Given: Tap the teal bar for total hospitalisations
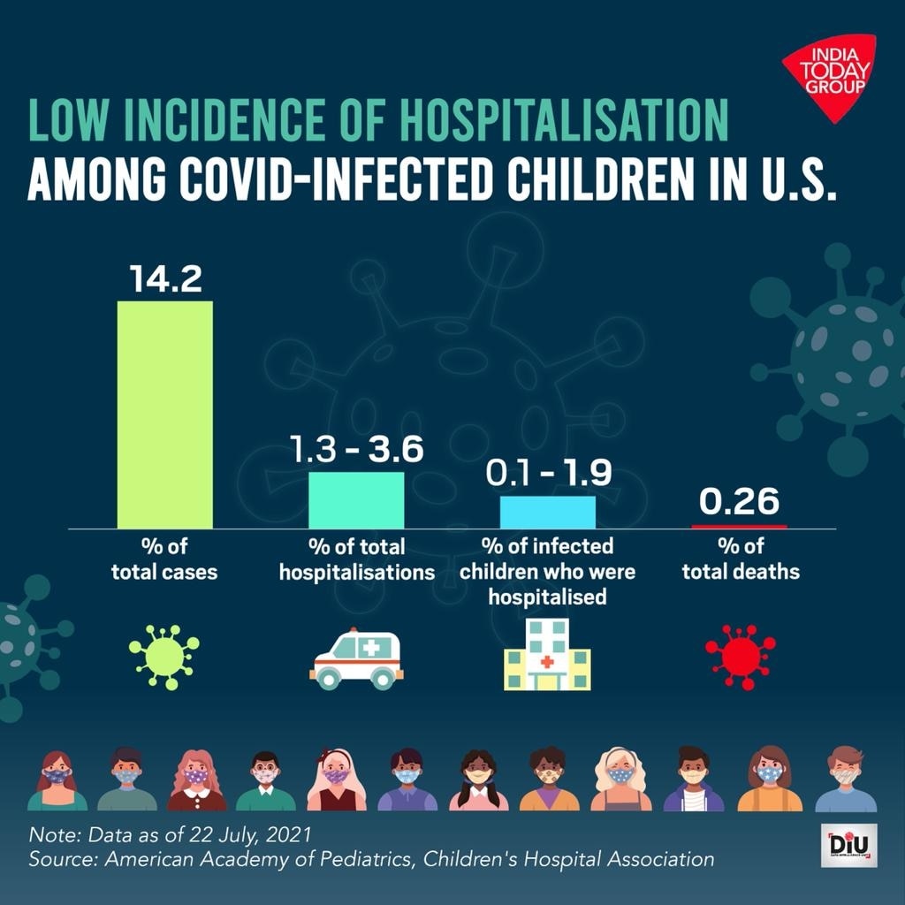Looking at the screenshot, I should (x=356, y=499).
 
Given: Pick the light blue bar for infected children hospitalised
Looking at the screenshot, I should (x=548, y=512).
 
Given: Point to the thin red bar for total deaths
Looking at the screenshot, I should (x=739, y=526).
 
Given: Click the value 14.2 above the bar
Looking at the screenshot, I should (x=165, y=278).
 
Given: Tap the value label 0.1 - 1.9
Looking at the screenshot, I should (x=549, y=475).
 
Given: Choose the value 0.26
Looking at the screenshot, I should (x=740, y=502).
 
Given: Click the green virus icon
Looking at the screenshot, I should (x=164, y=657).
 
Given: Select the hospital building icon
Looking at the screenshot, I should (x=547, y=655).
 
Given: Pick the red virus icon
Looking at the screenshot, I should (x=741, y=657).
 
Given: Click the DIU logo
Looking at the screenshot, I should (x=849, y=848).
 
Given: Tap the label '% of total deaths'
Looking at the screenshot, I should (x=741, y=559).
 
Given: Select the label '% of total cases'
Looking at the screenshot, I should (x=164, y=559).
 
